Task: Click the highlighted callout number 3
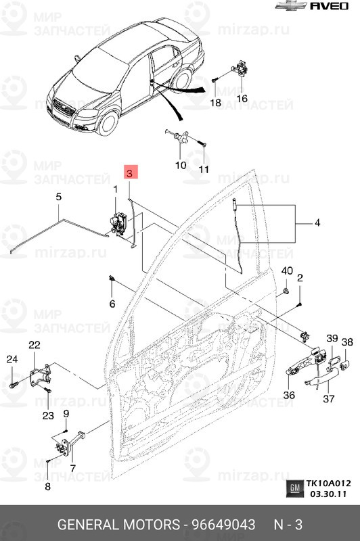(129, 173)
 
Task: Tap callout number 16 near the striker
(242, 98)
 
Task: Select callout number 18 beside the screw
(215, 103)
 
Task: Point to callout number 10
(181, 165)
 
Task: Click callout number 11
(204, 168)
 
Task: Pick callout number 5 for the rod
(58, 197)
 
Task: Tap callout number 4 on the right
(317, 223)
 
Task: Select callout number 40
(287, 271)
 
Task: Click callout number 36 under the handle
(289, 396)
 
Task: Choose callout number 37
(329, 399)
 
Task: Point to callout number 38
(347, 343)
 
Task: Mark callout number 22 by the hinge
(35, 346)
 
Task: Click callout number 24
(12, 359)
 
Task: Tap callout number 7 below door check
(72, 467)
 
